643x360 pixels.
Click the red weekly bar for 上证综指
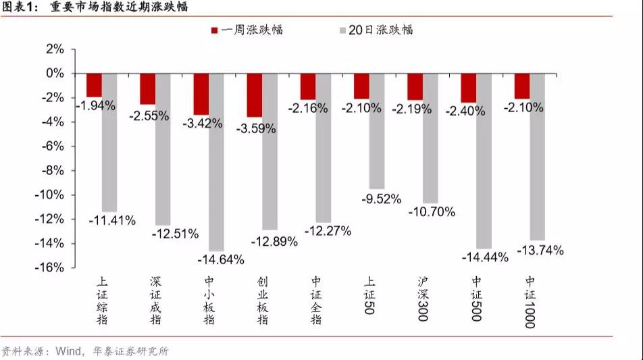point(94,85)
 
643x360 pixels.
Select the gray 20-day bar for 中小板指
point(217,162)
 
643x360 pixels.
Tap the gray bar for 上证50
point(377,131)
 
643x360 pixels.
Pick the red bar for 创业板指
point(255,95)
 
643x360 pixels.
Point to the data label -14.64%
point(221,259)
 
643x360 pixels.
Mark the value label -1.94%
point(96,105)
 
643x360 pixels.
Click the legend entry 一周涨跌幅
point(247,30)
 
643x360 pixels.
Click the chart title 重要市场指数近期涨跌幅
point(119,8)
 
